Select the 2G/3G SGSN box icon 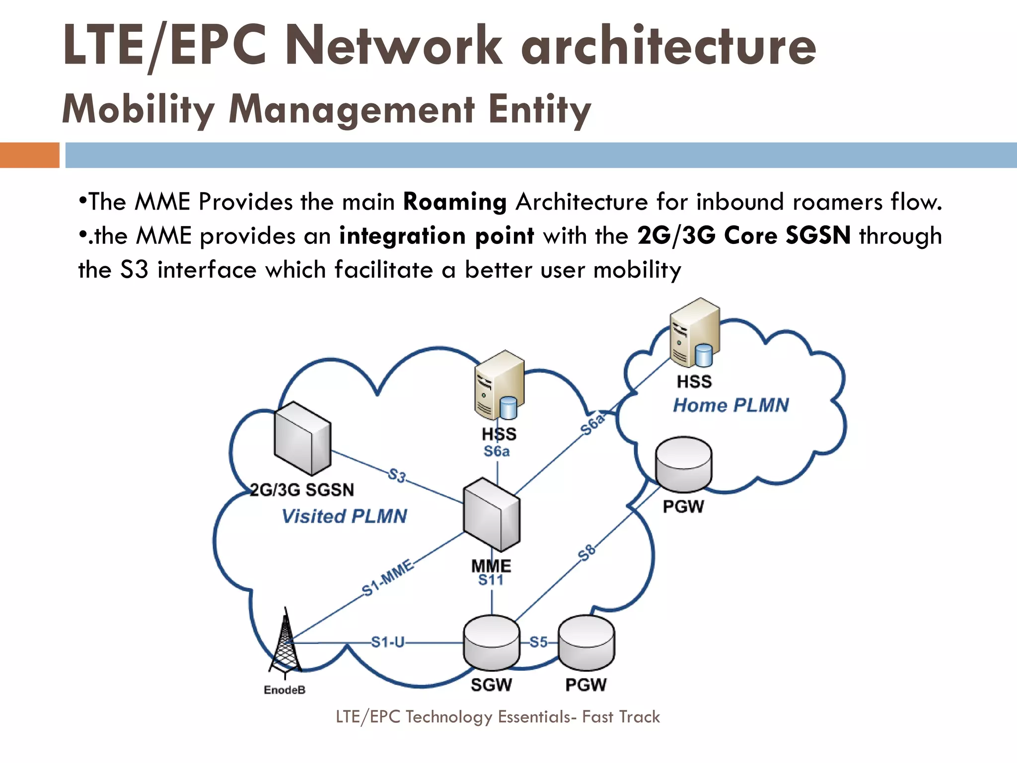(x=302, y=438)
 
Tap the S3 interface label (x=397, y=475)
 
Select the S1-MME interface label (x=388, y=578)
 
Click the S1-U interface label (x=388, y=642)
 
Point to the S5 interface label (x=538, y=642)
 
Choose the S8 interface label (x=586, y=552)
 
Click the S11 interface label (x=491, y=580)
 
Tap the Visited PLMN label (x=344, y=516)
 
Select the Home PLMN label (x=730, y=405)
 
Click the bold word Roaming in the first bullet (x=454, y=202)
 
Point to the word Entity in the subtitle (x=540, y=109)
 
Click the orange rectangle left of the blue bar (x=29, y=155)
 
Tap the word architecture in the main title (x=667, y=46)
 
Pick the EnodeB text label (x=285, y=690)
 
